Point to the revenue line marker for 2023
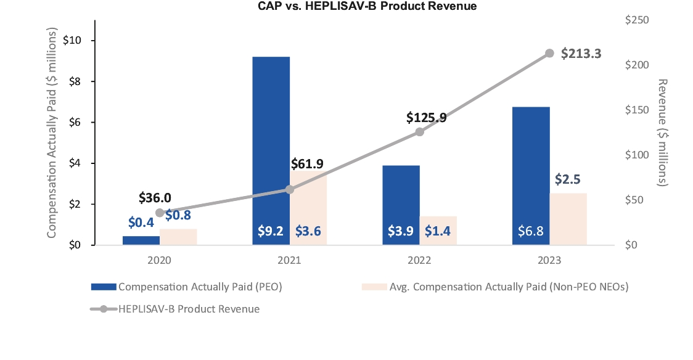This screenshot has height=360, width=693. pos(550,54)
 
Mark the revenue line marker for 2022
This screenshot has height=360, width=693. pos(420,132)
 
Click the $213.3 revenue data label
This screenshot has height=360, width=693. pos(581,54)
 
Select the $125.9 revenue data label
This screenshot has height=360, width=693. pos(426,117)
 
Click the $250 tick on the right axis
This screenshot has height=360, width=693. pos(637,20)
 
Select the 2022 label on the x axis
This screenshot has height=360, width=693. pos(420,260)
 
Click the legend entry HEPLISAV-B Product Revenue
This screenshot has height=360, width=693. pos(189,309)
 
